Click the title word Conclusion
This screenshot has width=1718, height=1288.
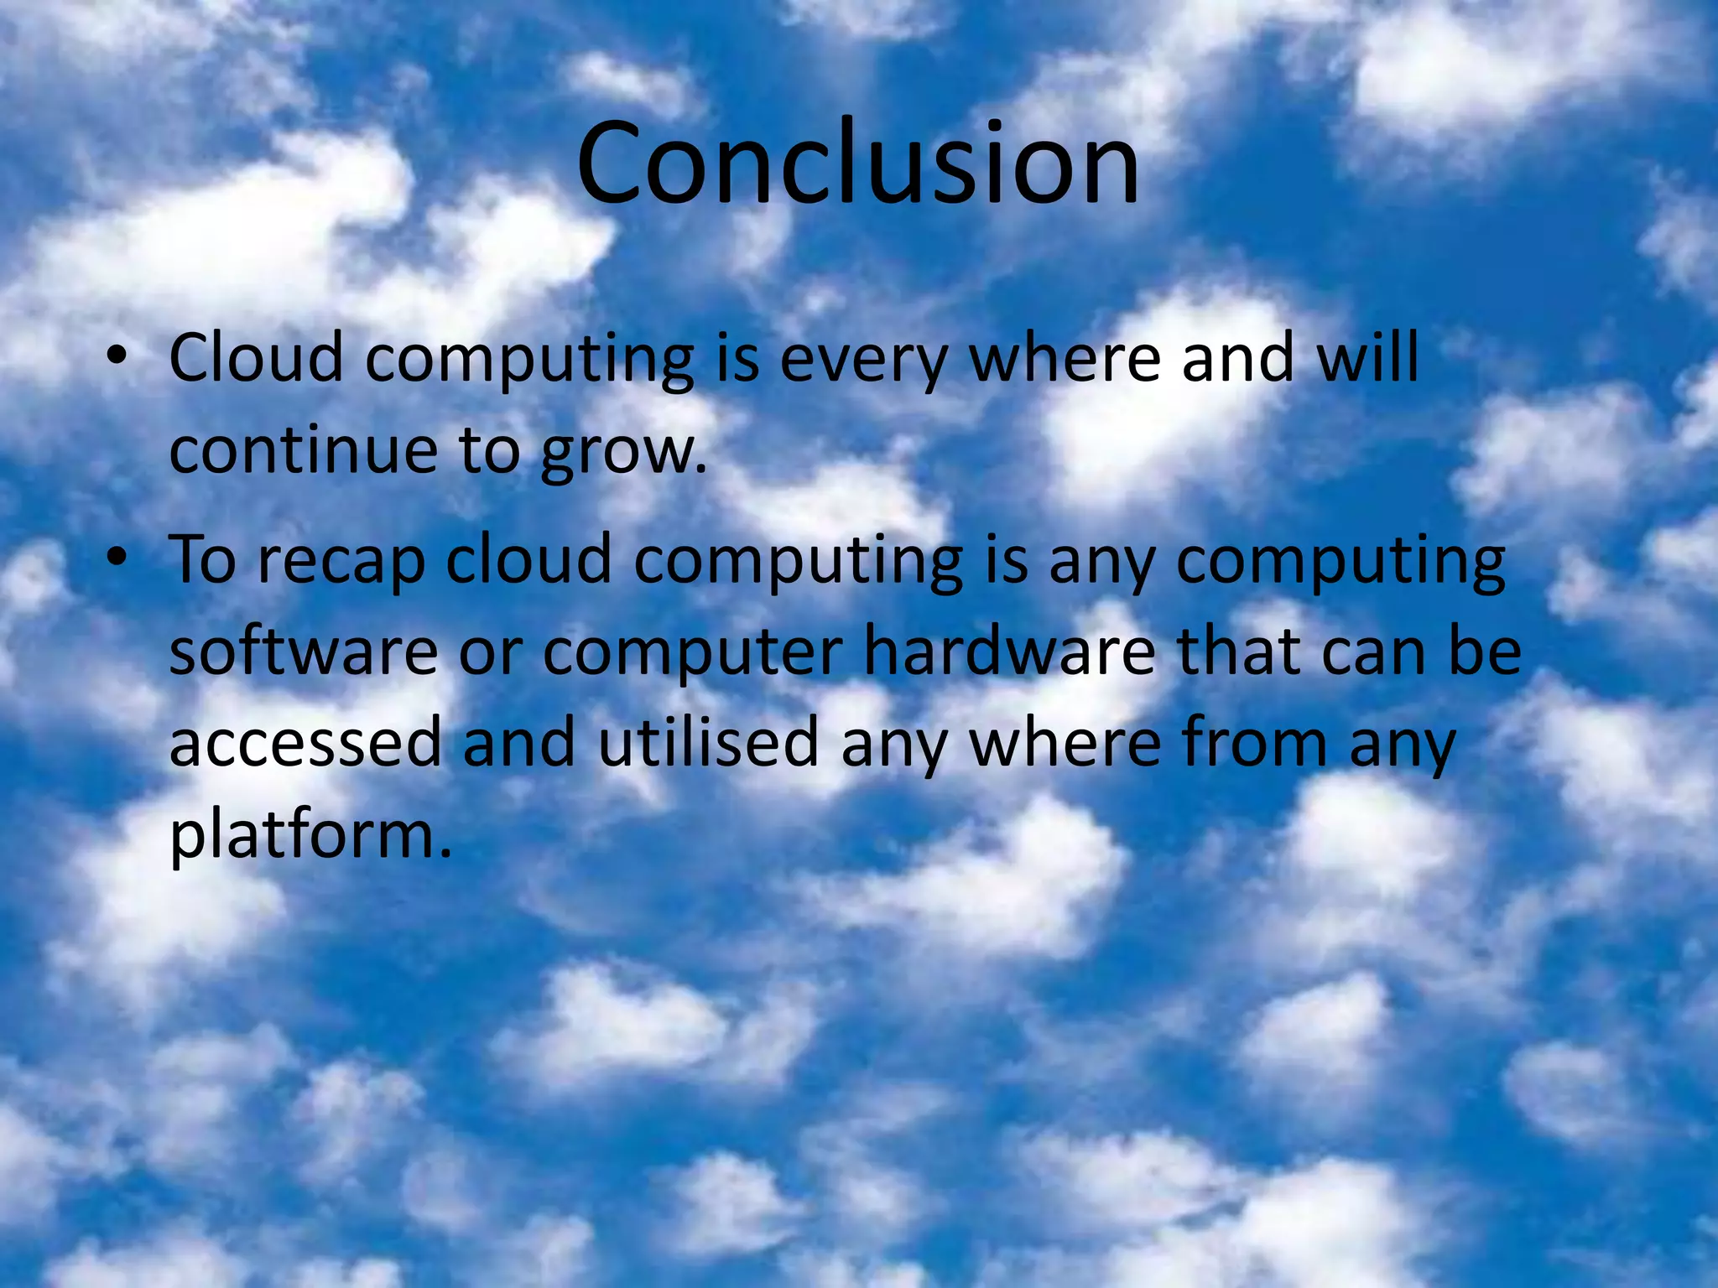tap(857, 163)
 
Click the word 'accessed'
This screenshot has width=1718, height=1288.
tap(305, 744)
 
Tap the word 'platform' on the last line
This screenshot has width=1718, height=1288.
tap(303, 836)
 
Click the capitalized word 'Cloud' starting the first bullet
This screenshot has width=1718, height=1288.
tap(257, 358)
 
